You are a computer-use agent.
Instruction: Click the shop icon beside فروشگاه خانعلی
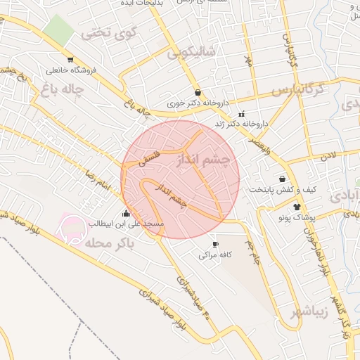tap(70, 59)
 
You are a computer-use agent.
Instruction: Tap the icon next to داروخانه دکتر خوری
tap(198, 92)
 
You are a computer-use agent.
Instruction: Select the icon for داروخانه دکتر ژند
tap(241, 114)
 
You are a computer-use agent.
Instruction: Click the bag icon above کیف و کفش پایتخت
tap(283, 179)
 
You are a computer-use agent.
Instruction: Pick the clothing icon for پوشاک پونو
tap(296, 207)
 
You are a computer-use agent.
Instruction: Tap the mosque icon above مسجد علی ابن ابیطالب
tap(126, 213)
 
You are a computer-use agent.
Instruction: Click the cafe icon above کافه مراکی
tap(215, 244)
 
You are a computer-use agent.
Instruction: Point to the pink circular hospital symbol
tap(72, 227)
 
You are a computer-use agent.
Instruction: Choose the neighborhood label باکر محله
tap(106, 243)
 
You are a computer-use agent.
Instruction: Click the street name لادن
tap(329, 154)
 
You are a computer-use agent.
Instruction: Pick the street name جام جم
tap(252, 251)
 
